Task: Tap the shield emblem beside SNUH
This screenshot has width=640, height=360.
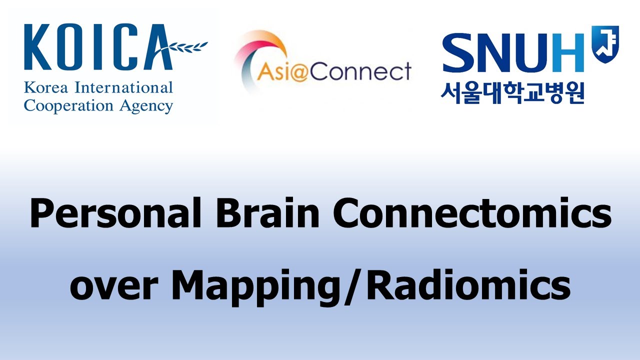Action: (x=605, y=42)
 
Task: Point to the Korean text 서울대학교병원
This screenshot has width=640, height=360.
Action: (x=512, y=92)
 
